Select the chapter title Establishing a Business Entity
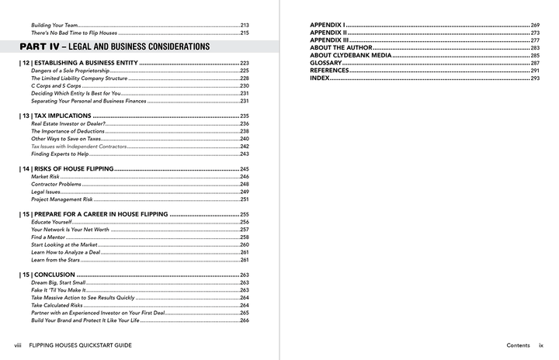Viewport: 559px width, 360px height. coord(78,63)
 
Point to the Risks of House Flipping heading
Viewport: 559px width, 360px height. coord(68,168)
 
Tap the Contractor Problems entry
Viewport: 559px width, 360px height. coord(56,185)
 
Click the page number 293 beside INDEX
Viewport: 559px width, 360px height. coord(535,78)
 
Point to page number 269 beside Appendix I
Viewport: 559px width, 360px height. coord(535,26)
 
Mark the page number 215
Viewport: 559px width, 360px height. coord(244,33)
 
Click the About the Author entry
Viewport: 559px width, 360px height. coord(339,48)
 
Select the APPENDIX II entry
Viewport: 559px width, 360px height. coord(328,33)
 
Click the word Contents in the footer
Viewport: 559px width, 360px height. coord(518,344)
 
